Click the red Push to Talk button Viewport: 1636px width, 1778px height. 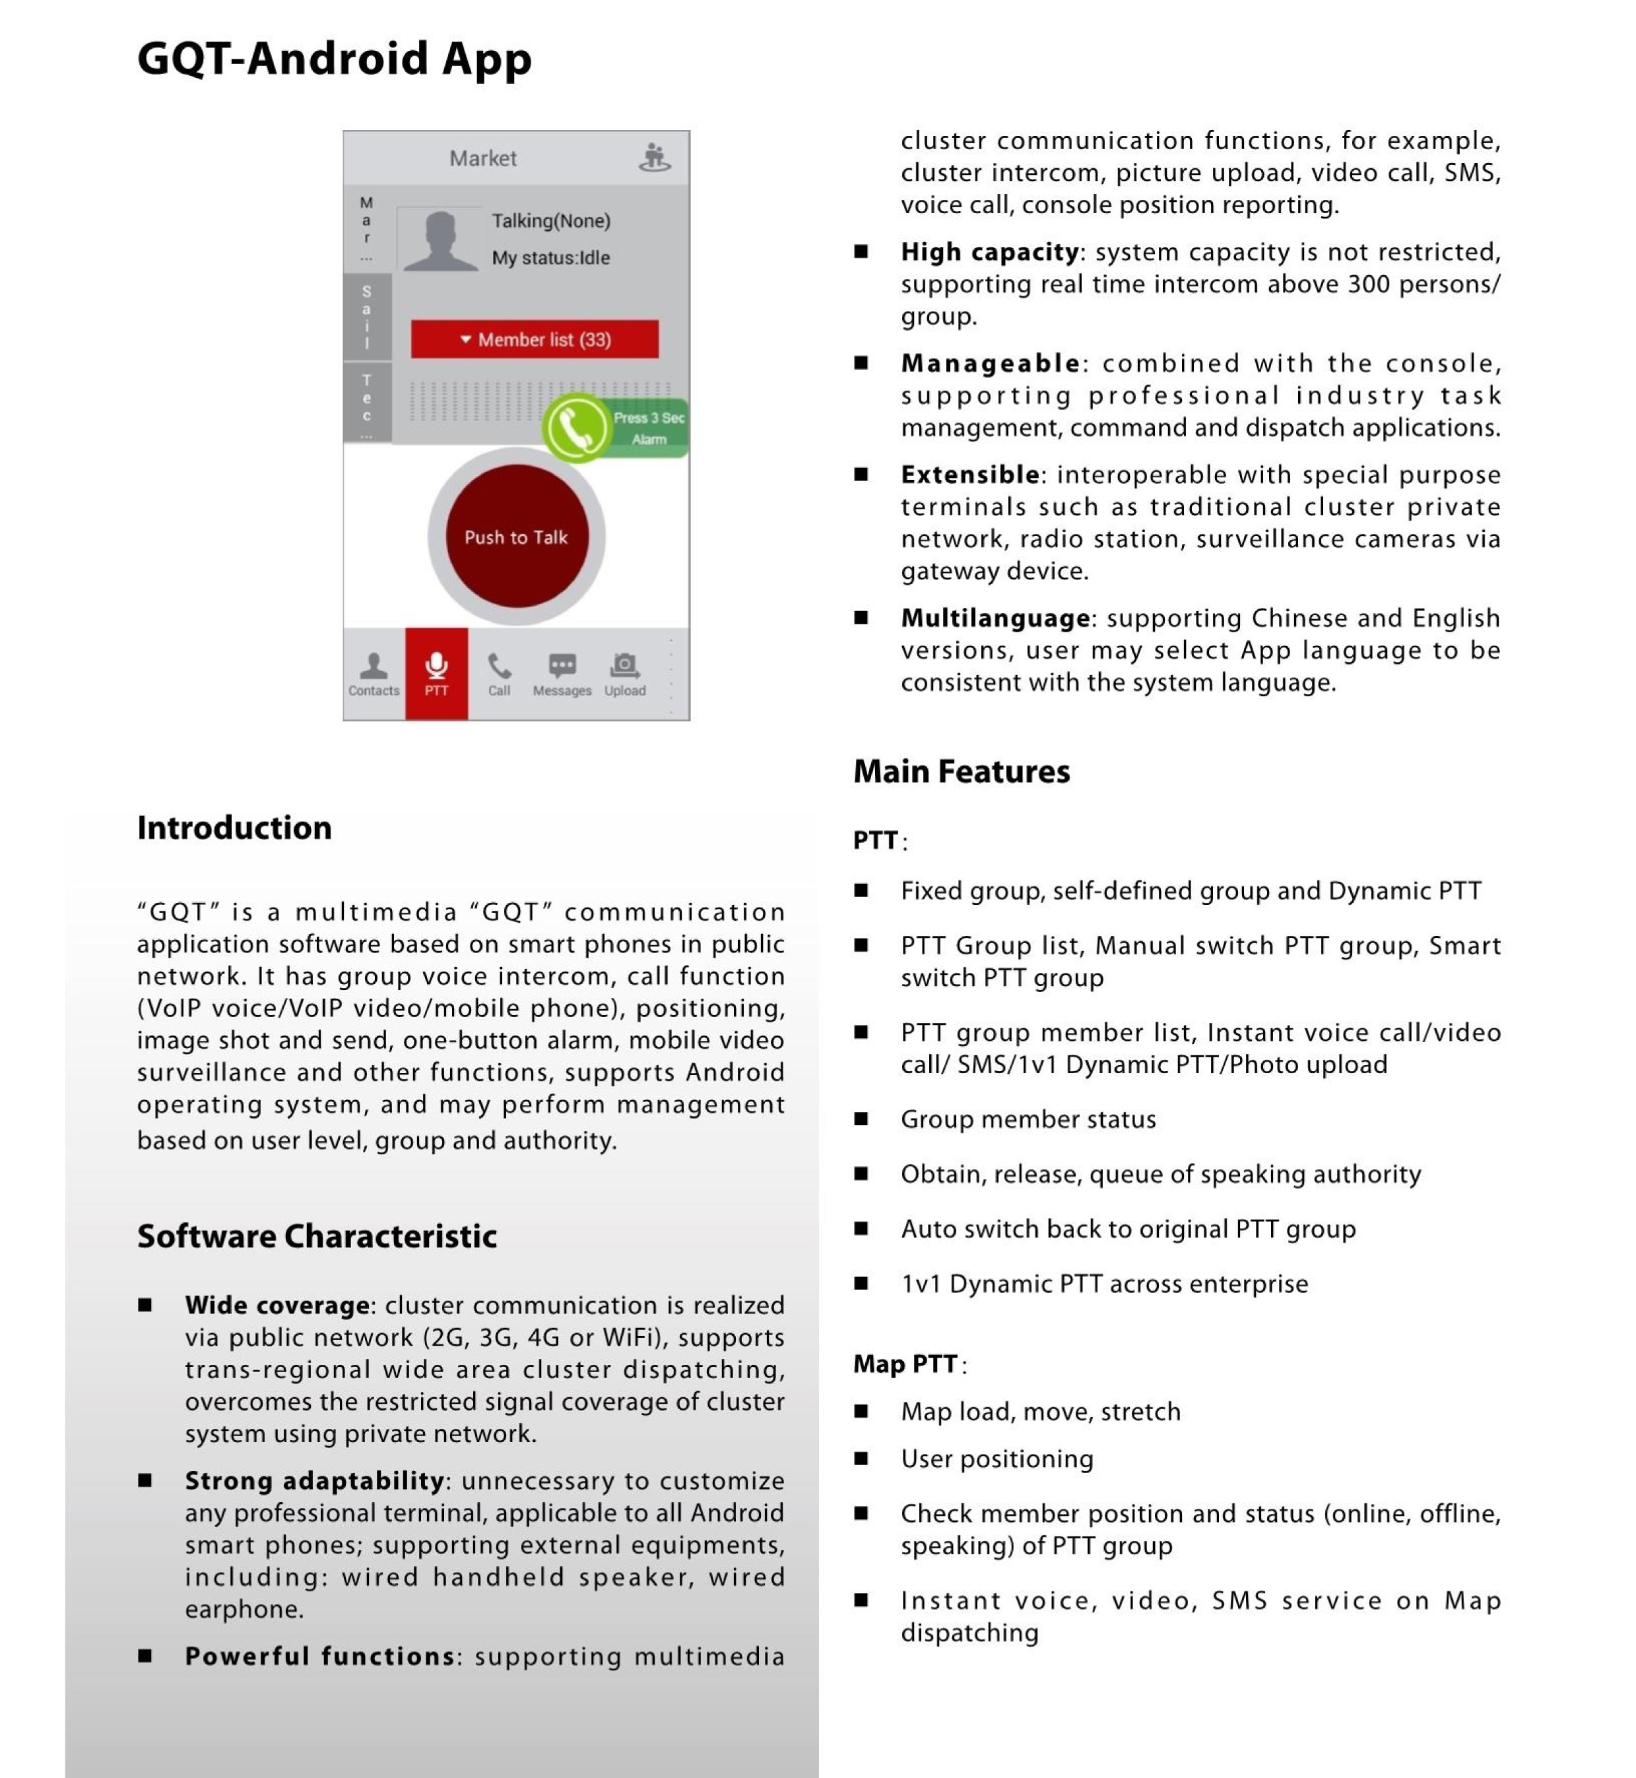[516, 537]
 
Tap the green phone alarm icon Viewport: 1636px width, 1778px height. [576, 428]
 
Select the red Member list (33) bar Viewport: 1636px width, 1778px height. [535, 339]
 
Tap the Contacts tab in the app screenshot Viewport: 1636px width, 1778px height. [374, 674]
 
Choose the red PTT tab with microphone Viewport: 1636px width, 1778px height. [436, 674]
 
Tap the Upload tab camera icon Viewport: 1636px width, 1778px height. [625, 666]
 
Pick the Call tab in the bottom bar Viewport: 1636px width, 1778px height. [500, 674]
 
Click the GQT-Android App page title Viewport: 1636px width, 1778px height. [335, 59]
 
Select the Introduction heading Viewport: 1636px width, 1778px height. [234, 828]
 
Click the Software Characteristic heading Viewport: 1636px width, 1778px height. [317, 1236]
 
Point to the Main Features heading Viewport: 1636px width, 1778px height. [962, 772]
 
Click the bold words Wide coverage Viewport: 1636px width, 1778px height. [277, 1305]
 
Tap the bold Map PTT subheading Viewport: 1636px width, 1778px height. [905, 1364]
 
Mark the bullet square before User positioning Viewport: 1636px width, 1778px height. [861, 1459]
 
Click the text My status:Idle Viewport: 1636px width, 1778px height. [550, 257]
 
